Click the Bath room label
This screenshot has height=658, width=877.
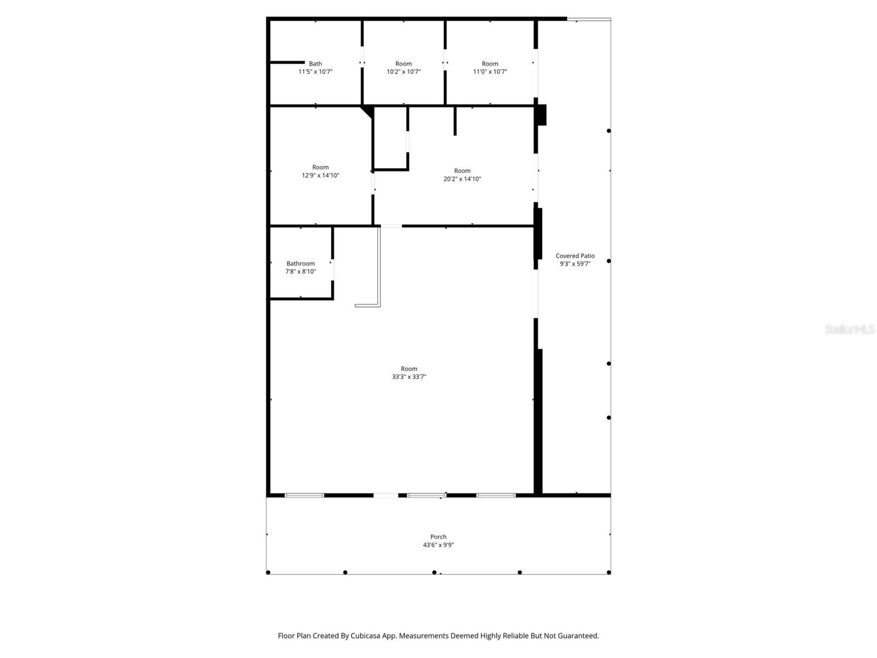click(x=315, y=64)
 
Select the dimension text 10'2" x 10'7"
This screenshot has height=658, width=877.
click(x=403, y=71)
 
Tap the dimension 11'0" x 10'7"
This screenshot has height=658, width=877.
click(x=490, y=71)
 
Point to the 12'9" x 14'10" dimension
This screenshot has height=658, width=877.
click(x=321, y=175)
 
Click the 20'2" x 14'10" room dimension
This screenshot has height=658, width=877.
click(x=462, y=179)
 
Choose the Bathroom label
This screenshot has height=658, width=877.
click(x=300, y=263)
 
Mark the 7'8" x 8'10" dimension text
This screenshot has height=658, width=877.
click(x=300, y=271)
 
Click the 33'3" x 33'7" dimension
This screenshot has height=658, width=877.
click(x=409, y=376)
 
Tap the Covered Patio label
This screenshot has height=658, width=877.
click(x=575, y=256)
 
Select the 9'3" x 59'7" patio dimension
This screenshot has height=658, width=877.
click(x=575, y=264)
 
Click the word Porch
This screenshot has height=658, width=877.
click(x=438, y=537)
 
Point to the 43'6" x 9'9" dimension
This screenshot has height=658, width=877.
click(x=438, y=544)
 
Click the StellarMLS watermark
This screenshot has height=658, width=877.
click(x=850, y=329)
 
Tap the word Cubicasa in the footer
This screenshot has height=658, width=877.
click(x=366, y=636)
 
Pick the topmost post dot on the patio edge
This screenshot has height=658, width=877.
click(x=608, y=131)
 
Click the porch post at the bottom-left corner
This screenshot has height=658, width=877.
click(x=268, y=572)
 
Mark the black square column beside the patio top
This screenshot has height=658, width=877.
click(x=542, y=115)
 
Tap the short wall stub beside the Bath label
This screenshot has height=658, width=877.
click(x=287, y=63)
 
